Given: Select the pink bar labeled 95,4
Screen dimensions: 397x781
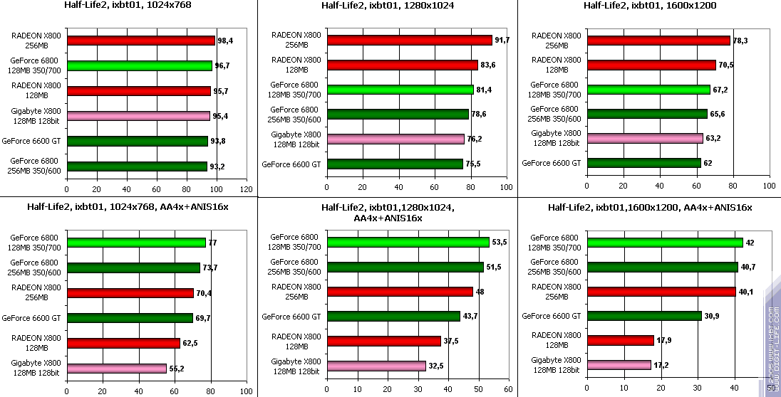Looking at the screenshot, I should click(138, 116).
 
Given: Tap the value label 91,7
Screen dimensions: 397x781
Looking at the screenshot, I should click(502, 41).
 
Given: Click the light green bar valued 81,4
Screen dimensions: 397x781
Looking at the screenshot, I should click(400, 90).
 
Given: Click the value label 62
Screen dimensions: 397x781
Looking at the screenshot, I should click(708, 163).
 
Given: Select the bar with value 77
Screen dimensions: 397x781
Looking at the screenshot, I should click(135, 243).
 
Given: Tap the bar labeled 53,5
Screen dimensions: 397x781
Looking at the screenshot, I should click(408, 243).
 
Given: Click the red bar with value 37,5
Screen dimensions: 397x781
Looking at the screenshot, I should click(383, 342).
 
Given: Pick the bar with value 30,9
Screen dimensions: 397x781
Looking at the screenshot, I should click(643, 316).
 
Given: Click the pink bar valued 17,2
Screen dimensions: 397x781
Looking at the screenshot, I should click(619, 366).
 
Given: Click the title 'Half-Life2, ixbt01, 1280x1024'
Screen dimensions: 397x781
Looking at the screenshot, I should click(388, 6).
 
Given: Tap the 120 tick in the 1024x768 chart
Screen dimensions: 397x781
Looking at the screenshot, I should click(247, 190).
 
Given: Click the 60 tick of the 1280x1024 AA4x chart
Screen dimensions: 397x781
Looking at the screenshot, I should click(507, 391).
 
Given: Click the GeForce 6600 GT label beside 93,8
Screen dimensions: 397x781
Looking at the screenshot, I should click(36, 141).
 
